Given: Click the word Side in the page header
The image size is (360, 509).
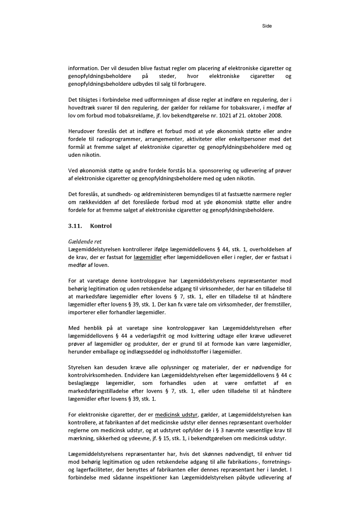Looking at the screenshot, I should pos(267,26).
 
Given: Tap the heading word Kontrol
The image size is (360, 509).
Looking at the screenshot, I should pos(101,226).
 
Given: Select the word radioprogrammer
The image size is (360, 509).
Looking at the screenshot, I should pos(114,139).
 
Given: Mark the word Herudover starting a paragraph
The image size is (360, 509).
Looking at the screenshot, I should pos(82,131).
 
